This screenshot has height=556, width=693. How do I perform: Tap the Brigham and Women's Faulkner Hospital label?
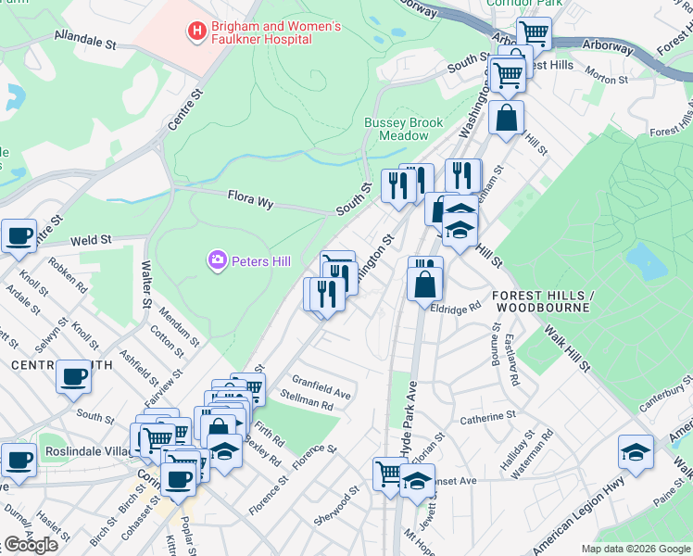pyautogui.click(x=264, y=33)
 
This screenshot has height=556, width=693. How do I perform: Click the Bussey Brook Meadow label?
pyautogui.click(x=403, y=129)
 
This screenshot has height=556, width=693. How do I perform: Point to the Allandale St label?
pyautogui.click(x=84, y=43)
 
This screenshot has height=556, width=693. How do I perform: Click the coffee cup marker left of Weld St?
pyautogui.click(x=19, y=235)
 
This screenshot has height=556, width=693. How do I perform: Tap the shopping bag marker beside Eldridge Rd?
pyautogui.click(x=424, y=284)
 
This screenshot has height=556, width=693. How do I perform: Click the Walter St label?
pyautogui.click(x=145, y=285)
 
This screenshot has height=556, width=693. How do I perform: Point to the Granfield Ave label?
pyautogui.click(x=321, y=386)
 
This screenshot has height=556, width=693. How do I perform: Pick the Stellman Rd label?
pyautogui.click(x=306, y=400)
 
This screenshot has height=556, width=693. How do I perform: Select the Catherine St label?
pyautogui.click(x=487, y=419)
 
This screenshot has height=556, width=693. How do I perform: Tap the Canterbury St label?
pyautogui.click(x=666, y=397)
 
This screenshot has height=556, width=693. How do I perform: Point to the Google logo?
pyautogui.click(x=31, y=545)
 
